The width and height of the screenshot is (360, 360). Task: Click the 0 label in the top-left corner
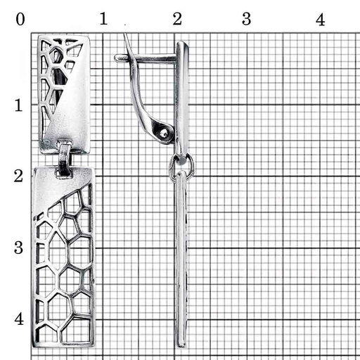pyautogui.click(x=20, y=19)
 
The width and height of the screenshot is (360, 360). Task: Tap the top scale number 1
pyautogui.click(x=103, y=19)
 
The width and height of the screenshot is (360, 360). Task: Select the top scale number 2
pyautogui.click(x=177, y=19)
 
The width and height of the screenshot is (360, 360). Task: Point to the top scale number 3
pyautogui.click(x=246, y=19)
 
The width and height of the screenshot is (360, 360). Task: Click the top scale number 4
pyautogui.click(x=320, y=20)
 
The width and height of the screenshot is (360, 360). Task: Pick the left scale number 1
pyautogui.click(x=18, y=105)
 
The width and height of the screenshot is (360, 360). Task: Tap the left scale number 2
pyautogui.click(x=18, y=176)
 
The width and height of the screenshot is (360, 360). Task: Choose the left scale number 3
pyautogui.click(x=18, y=247)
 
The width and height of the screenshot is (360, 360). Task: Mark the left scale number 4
pyautogui.click(x=19, y=319)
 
